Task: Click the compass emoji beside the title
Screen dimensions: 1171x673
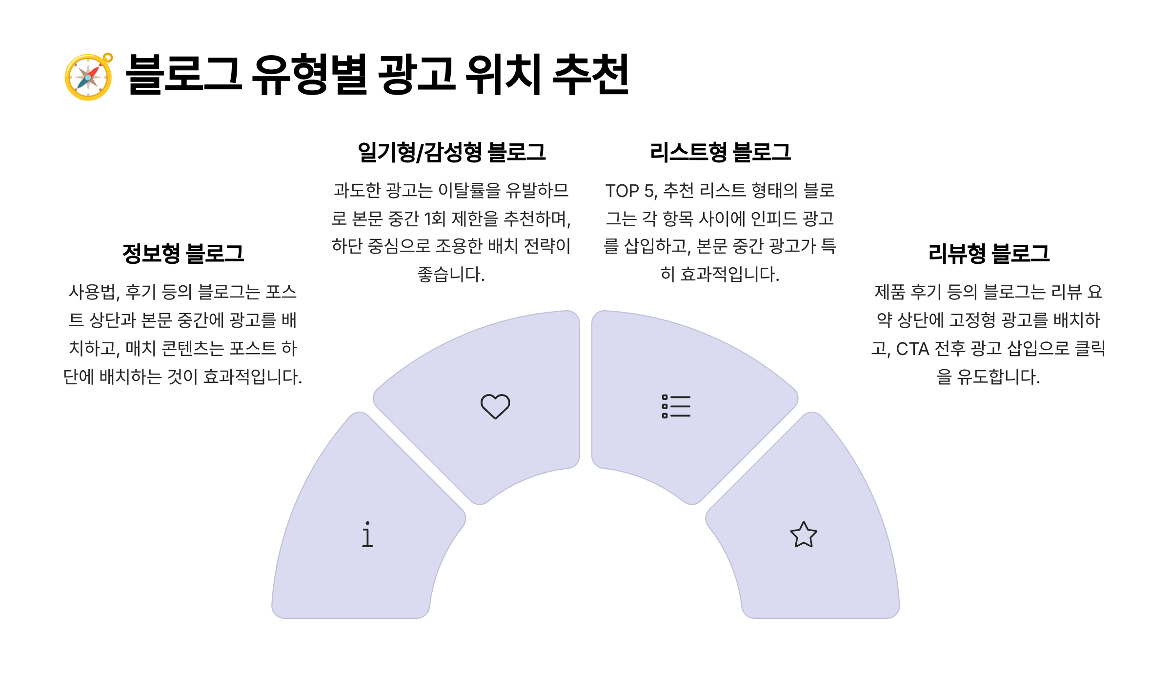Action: pos(88,77)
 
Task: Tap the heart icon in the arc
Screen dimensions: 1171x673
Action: pos(495,406)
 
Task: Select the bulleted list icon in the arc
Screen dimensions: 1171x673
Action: pos(676,406)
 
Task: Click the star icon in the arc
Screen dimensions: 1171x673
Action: pos(804,535)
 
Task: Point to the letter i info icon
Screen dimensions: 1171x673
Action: pos(367,534)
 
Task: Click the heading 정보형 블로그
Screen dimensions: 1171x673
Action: pos(183,254)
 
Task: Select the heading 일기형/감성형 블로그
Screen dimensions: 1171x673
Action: pos(451,152)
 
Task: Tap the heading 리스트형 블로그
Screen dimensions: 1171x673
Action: pos(720,152)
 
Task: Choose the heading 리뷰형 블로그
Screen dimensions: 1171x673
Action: pos(989,254)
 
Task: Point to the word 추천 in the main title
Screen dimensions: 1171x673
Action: pos(591,75)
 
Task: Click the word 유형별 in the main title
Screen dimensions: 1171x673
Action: pos(309,75)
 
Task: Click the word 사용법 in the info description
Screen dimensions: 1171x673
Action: pos(93,292)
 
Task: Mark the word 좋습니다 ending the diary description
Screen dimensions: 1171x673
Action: pos(451,275)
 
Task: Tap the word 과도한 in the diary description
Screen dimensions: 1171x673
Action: pos(357,190)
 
